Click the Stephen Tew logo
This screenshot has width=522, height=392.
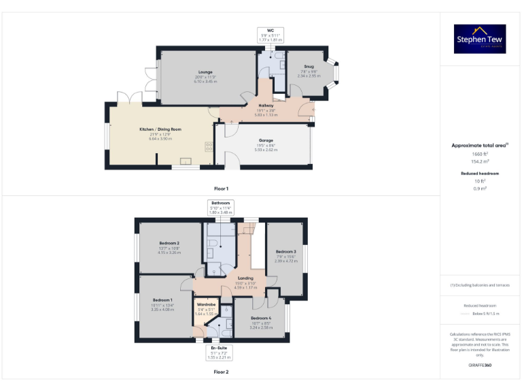pos(481,39)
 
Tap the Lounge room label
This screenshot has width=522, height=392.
pos(205,72)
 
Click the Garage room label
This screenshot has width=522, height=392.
pos(265,141)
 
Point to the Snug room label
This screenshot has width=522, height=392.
pos(309,67)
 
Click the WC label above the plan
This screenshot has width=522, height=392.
pos(270,31)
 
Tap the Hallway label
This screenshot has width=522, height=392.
pos(266,105)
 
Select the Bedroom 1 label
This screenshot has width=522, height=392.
pos(162,300)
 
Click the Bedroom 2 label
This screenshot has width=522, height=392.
pos(169,243)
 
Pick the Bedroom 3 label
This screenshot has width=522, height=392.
pos(285,252)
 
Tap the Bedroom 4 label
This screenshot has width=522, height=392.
pos(260,318)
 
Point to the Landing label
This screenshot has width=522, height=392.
pos(245,278)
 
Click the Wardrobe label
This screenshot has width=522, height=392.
pos(206,304)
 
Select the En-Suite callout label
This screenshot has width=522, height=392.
pos(218,348)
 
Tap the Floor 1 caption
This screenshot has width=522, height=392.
pos(221,188)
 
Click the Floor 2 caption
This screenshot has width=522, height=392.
pos(221,372)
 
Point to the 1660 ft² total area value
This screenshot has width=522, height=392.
pos(480,154)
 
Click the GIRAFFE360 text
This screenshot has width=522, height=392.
pos(480,365)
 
